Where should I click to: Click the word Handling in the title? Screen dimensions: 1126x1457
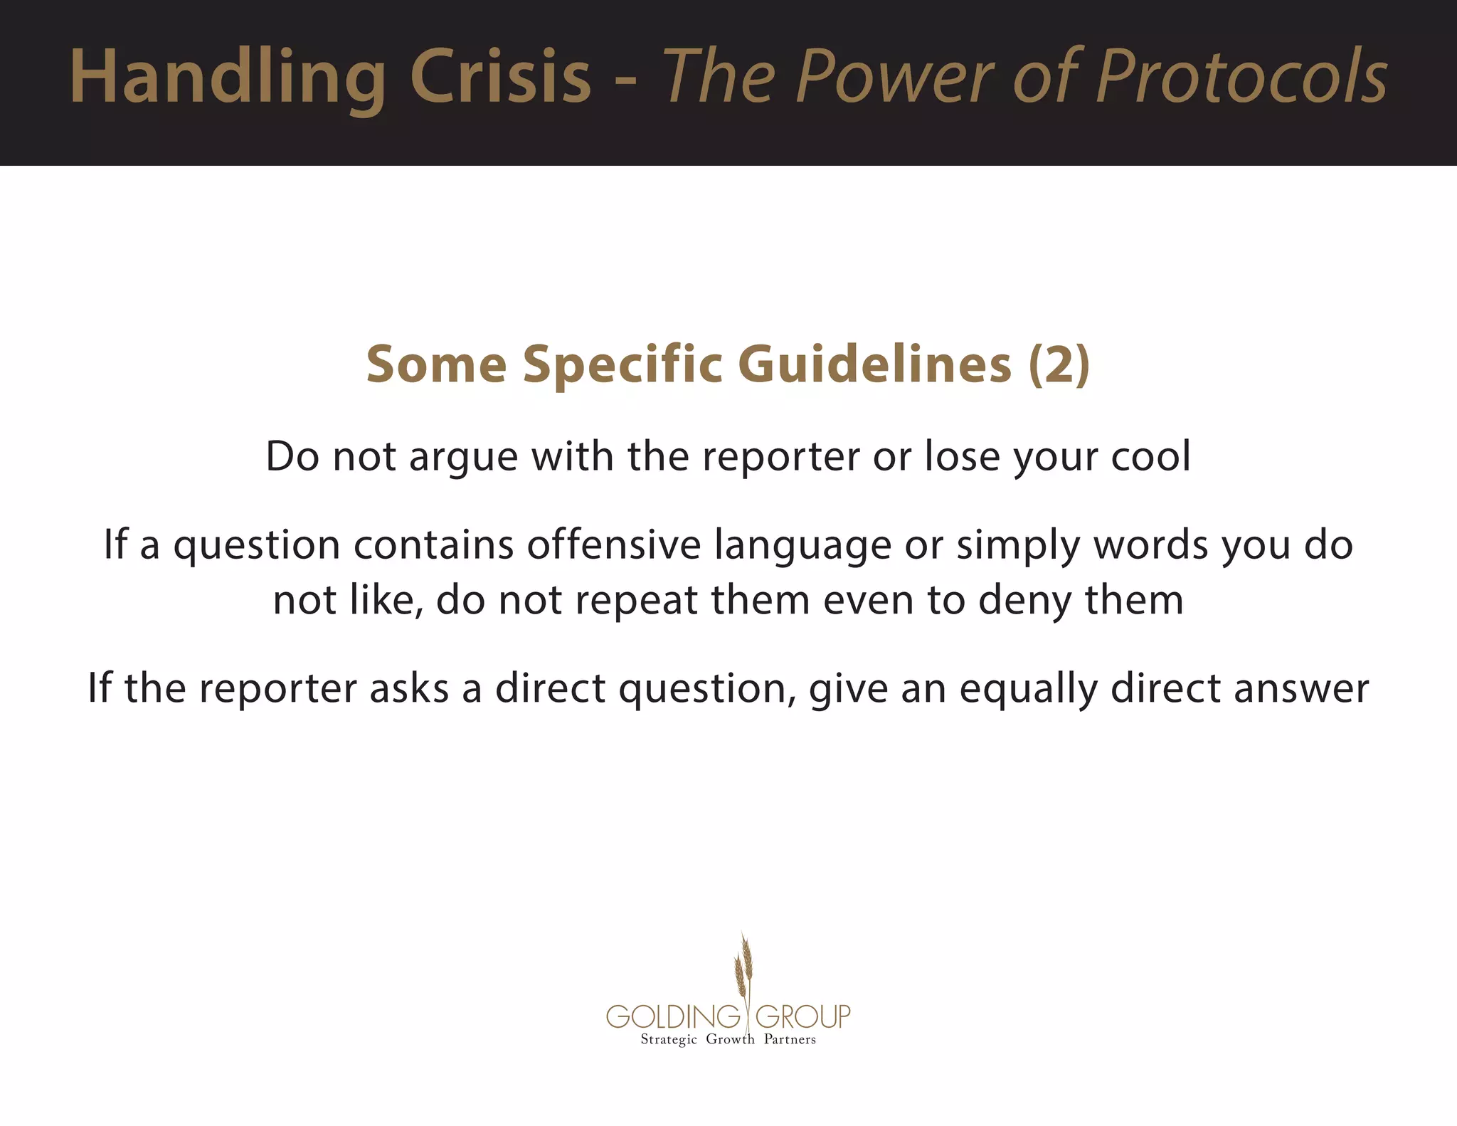coord(228,77)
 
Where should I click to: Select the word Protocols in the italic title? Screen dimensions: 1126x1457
coord(1241,77)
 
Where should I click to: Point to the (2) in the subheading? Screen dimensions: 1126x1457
coord(1059,364)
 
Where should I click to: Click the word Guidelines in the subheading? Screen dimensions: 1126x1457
coord(879,364)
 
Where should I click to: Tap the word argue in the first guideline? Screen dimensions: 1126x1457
coord(463,456)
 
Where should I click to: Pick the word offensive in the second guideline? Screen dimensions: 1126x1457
coord(614,545)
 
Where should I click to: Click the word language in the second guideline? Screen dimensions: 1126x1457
coord(802,547)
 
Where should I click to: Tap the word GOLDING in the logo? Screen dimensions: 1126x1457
coord(673,1016)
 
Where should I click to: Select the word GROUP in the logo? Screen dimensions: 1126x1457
coord(802,1016)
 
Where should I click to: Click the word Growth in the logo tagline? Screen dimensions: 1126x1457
coord(730,1039)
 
